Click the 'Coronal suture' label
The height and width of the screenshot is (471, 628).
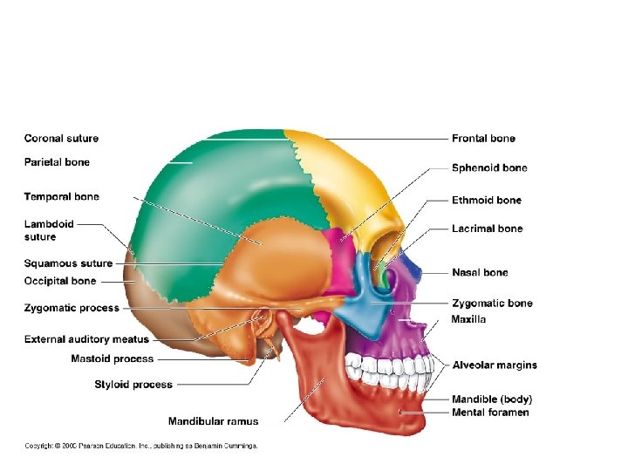(61, 138)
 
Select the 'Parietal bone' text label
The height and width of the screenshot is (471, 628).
(57, 161)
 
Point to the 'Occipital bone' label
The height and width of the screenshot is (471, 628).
(60, 281)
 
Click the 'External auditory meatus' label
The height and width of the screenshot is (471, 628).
(86, 338)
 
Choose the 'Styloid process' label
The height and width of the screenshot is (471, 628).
(133, 384)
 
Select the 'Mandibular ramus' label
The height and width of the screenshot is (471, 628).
(213, 421)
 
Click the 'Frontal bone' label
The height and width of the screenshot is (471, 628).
(483, 138)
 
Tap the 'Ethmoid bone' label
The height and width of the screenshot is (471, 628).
(486, 200)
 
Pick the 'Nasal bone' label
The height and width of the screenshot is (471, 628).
(480, 272)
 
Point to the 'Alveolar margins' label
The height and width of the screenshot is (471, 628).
(495, 365)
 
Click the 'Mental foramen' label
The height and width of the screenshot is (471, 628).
(490, 412)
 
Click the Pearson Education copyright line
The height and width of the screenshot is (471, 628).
(140, 446)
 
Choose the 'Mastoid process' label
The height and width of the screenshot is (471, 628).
(112, 358)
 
